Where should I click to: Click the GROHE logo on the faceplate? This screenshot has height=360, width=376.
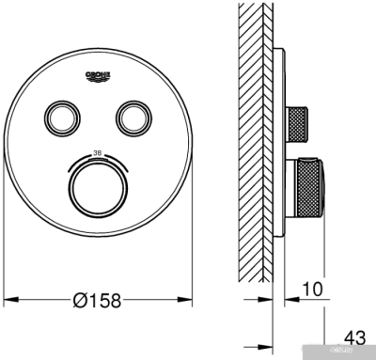pyautogui.click(x=98, y=76)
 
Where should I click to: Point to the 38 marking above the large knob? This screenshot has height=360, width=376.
pyautogui.click(x=98, y=151)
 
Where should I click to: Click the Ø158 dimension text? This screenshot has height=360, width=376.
pyautogui.click(x=99, y=301)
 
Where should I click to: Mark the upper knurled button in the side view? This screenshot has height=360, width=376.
pyautogui.click(x=302, y=120)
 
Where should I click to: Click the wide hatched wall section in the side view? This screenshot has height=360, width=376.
pyautogui.click(x=248, y=141)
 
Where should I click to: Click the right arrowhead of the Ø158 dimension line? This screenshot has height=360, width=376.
pyautogui.click(x=187, y=301)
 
